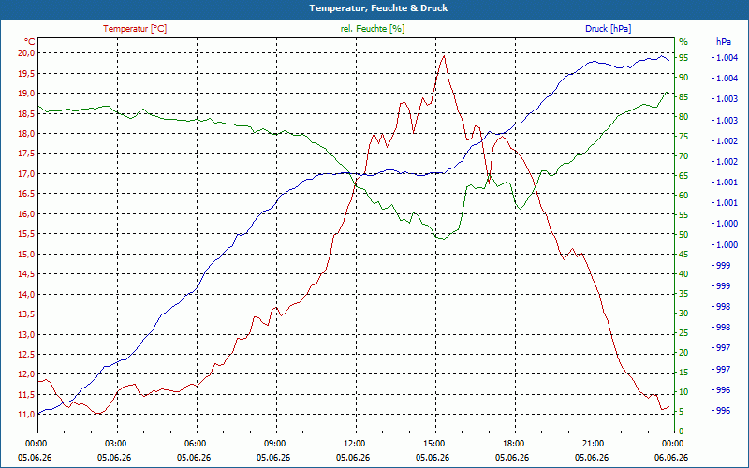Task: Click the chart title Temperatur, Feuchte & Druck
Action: [x=378, y=8]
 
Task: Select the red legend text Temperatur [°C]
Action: [x=135, y=29]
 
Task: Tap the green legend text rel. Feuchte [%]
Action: [x=372, y=29]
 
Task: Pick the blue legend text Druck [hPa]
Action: [x=608, y=29]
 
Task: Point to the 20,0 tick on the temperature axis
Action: [x=26, y=53]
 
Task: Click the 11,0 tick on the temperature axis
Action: [x=26, y=414]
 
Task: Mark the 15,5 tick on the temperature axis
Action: [x=26, y=233]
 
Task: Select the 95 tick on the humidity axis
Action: [x=683, y=58]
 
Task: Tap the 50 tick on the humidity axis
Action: [x=683, y=235]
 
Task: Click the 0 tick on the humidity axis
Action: [x=682, y=431]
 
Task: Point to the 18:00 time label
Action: [x=516, y=443]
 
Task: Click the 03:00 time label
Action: [x=117, y=443]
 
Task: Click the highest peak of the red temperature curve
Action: [x=444, y=56]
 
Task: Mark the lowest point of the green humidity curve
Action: [x=443, y=239]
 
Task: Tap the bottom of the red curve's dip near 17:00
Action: [x=489, y=183]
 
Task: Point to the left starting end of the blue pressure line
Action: [x=38, y=414]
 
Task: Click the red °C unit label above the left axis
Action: [x=30, y=42]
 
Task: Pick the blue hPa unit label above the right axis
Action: [x=724, y=42]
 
